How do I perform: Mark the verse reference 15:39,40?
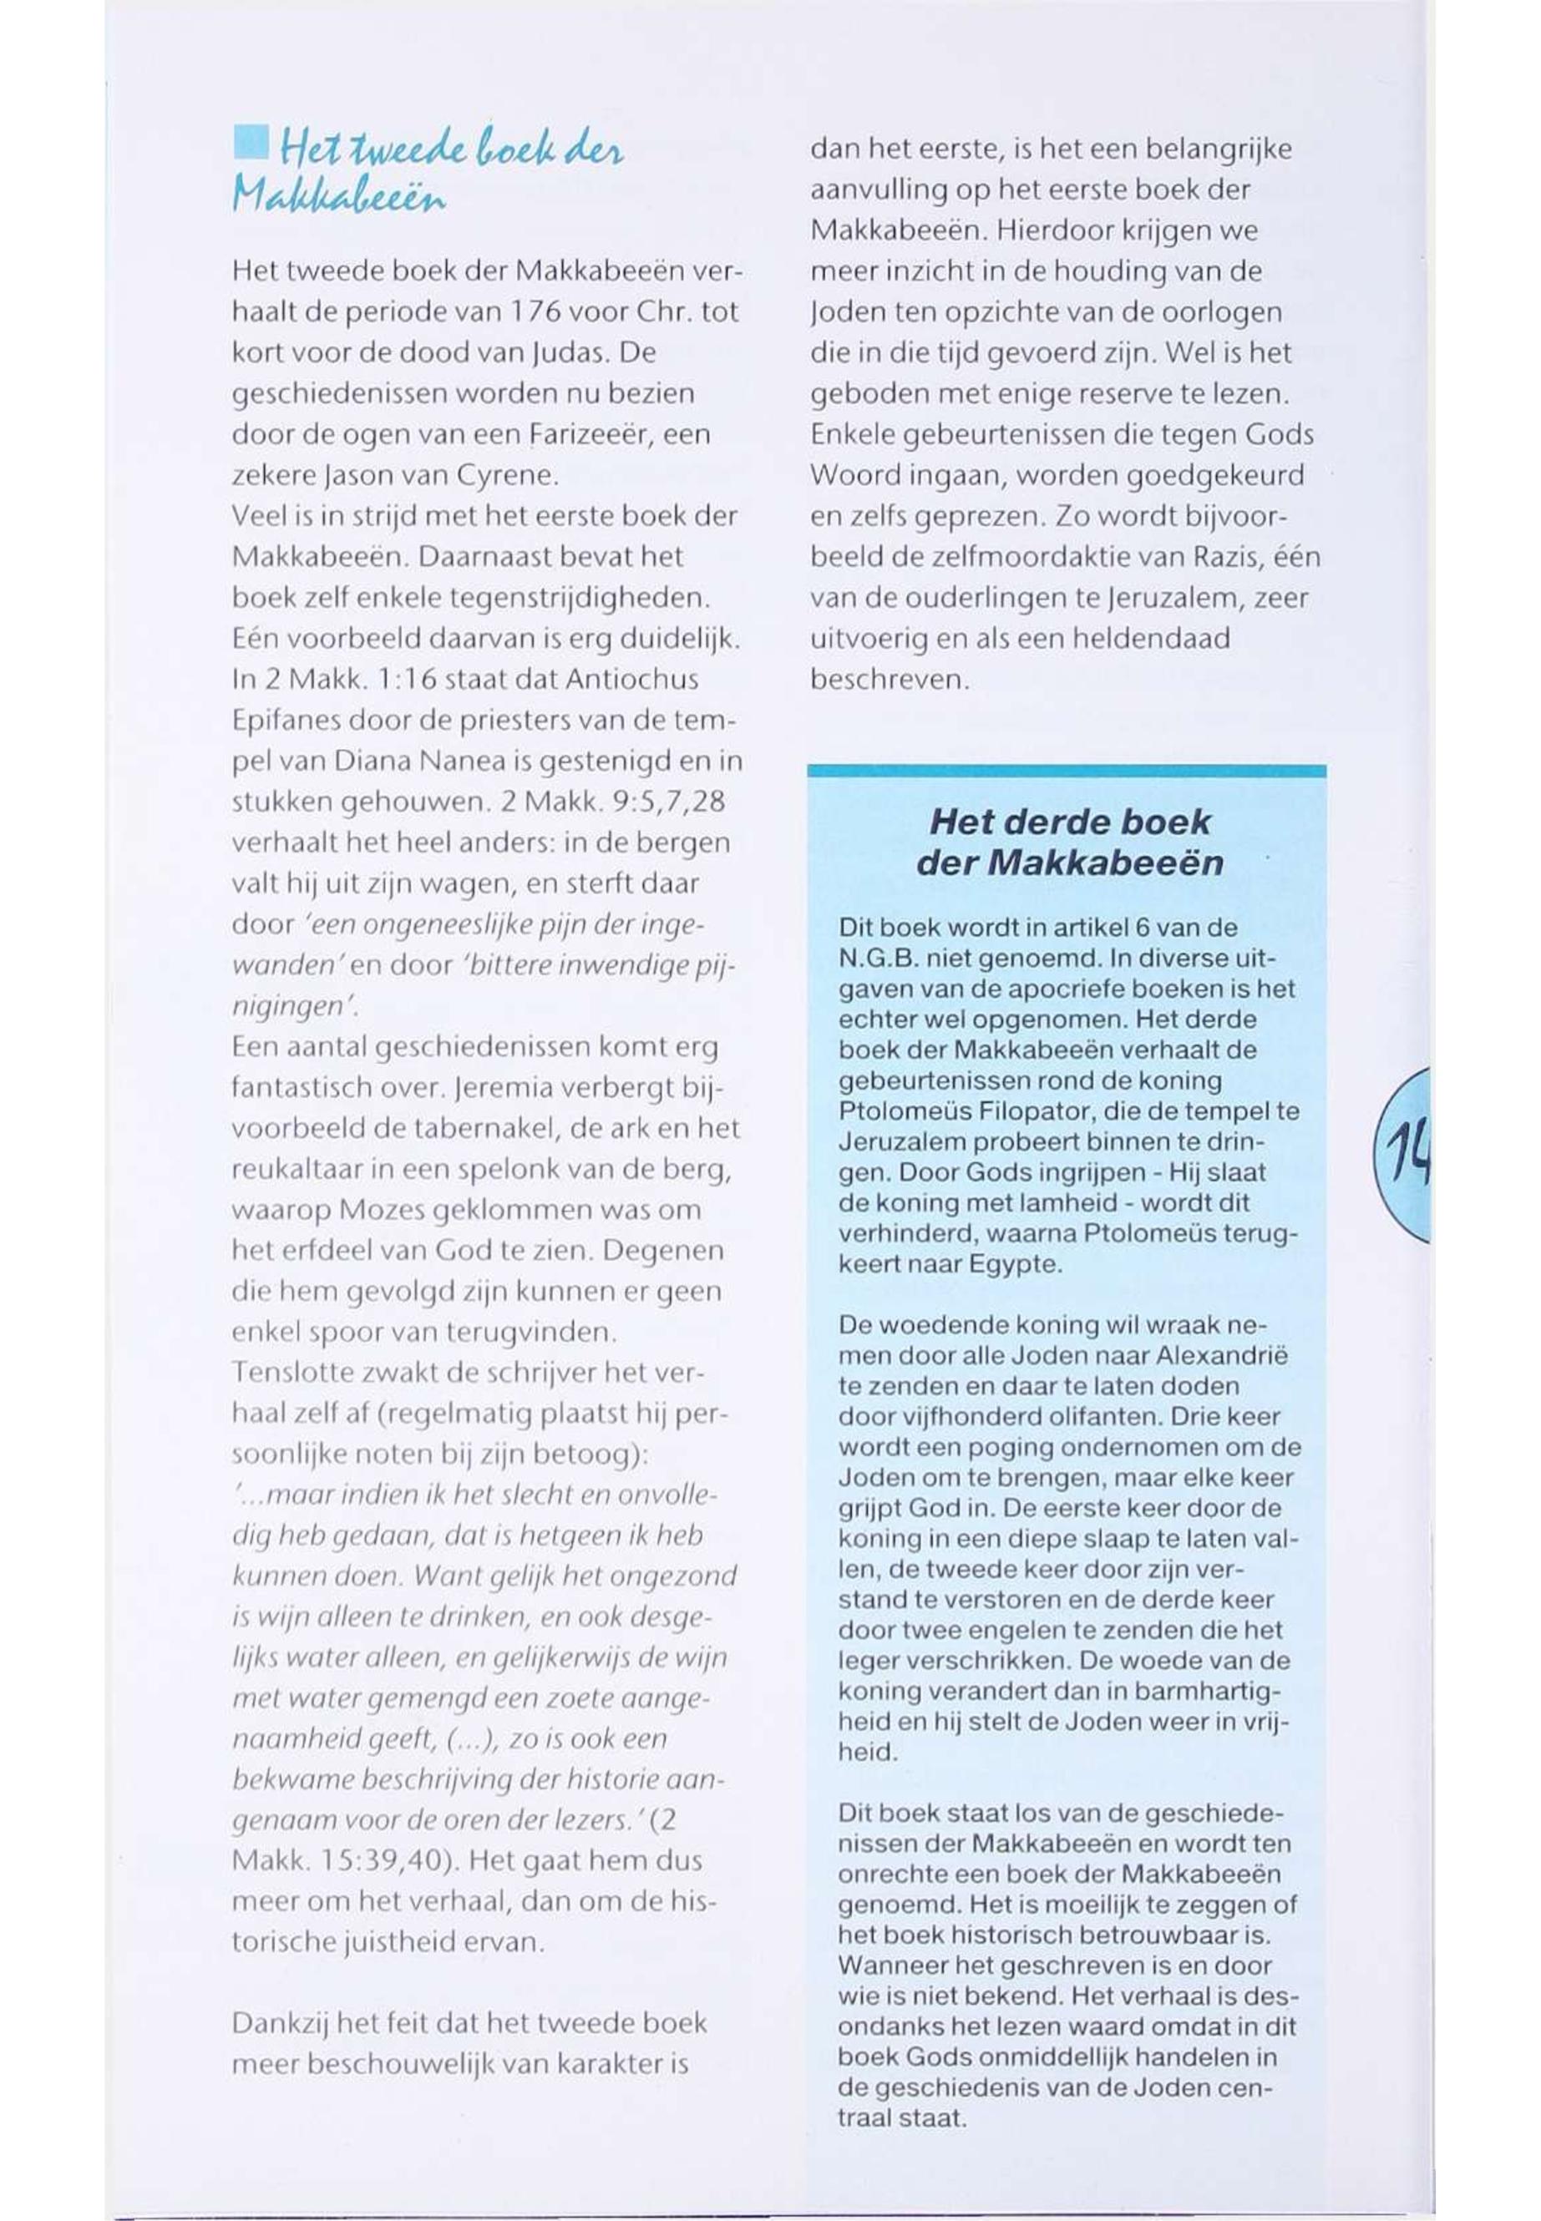pyautogui.click(x=342, y=1860)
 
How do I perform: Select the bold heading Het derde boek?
pyautogui.click(x=1069, y=822)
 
